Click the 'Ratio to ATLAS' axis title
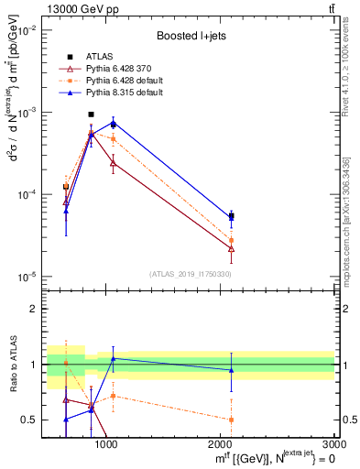(13, 364)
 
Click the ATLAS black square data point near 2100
(231, 216)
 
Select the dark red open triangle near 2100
(231, 248)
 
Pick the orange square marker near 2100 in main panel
(231, 240)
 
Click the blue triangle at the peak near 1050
(113, 123)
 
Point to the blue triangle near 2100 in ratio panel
(231, 370)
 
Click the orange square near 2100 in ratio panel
(231, 420)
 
